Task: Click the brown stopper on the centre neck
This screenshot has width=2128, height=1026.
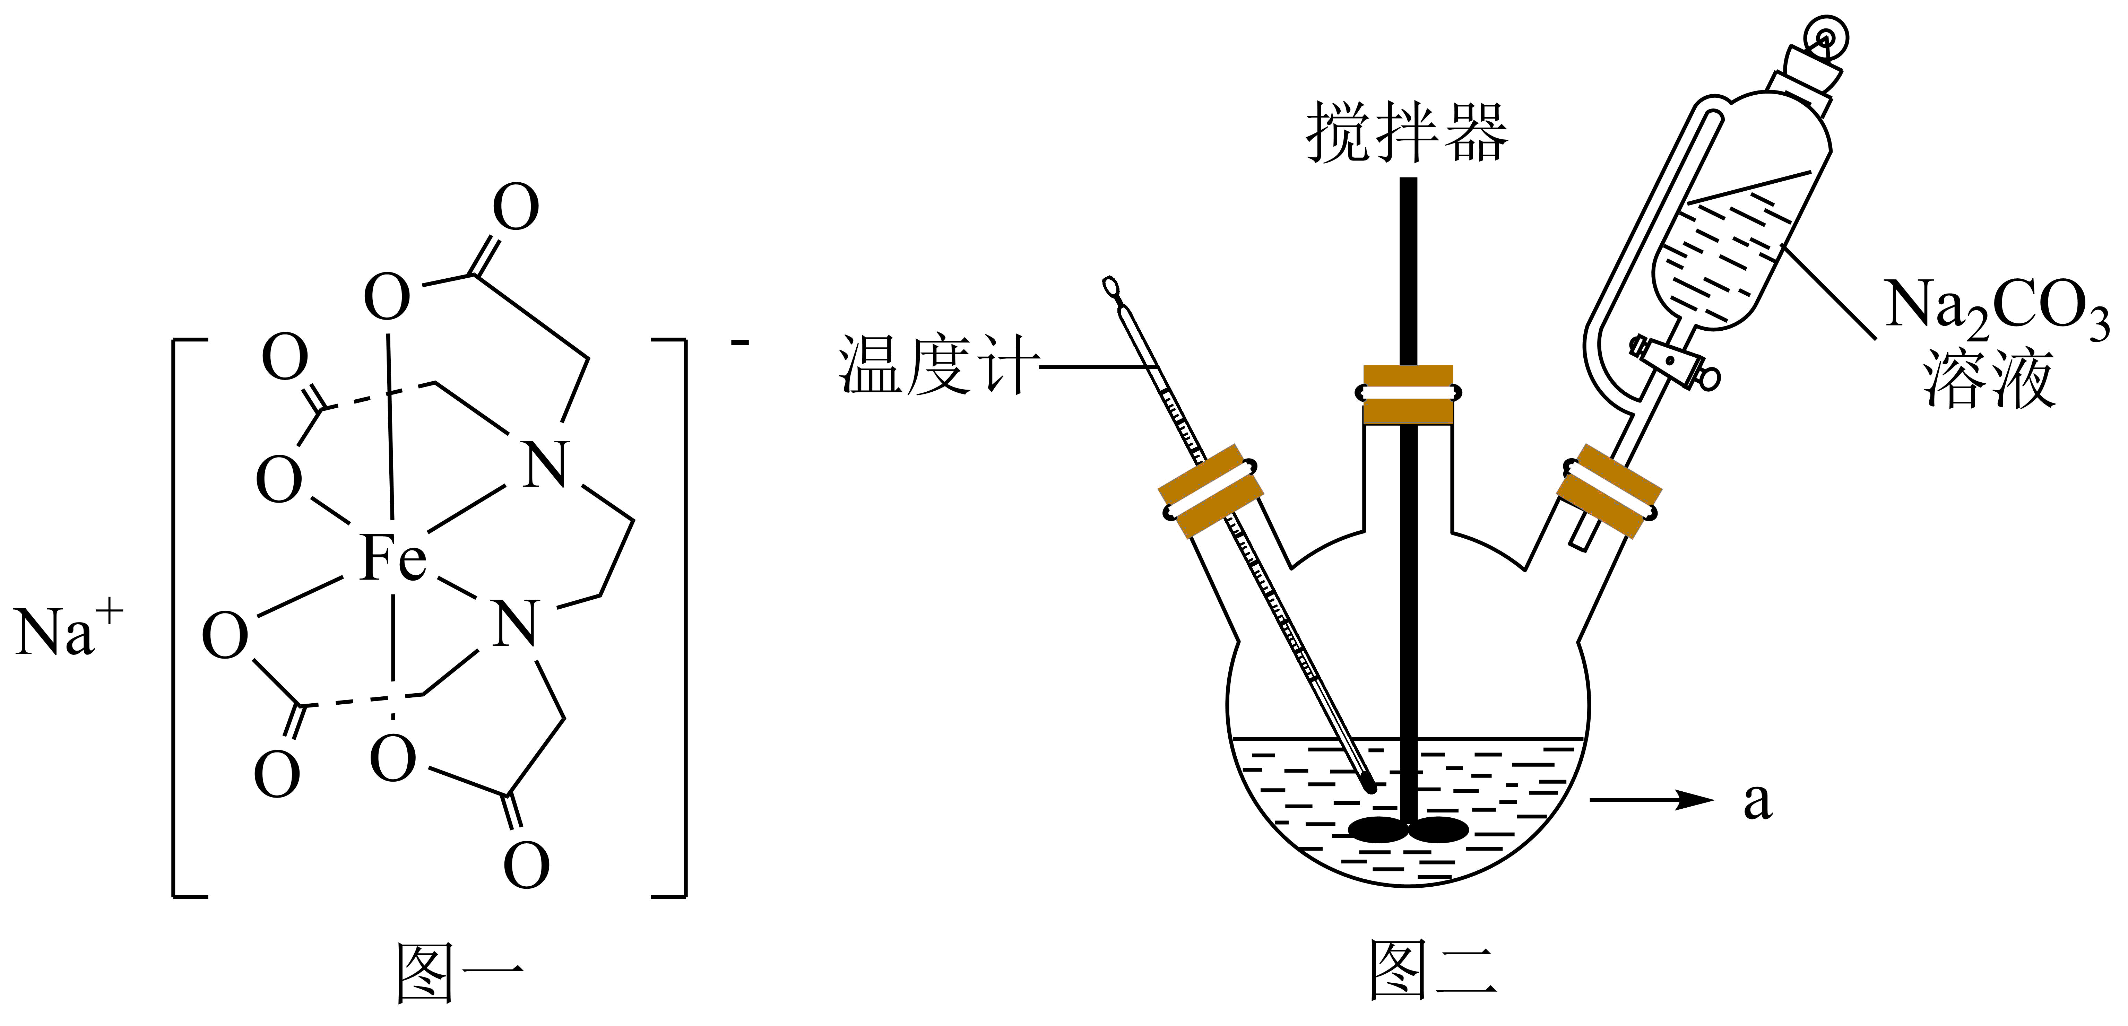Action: [1408, 395]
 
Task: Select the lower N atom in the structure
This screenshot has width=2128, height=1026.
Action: [516, 624]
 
